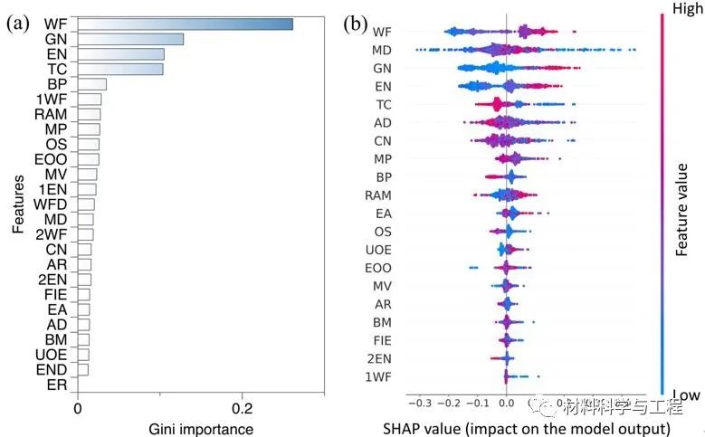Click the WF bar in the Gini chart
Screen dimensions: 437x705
coord(185,24)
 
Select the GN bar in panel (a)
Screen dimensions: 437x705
coord(130,39)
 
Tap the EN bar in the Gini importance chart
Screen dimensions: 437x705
coord(120,54)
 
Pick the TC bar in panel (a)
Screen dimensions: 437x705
coord(120,69)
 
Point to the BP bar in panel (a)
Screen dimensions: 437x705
coord(91,84)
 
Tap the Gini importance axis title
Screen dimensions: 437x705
coord(201,428)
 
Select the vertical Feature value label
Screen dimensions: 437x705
coord(685,199)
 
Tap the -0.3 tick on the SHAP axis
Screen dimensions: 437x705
coord(419,403)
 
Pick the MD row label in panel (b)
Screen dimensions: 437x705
coord(382,50)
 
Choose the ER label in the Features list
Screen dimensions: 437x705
coord(56,385)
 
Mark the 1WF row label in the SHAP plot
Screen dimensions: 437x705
coord(378,376)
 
